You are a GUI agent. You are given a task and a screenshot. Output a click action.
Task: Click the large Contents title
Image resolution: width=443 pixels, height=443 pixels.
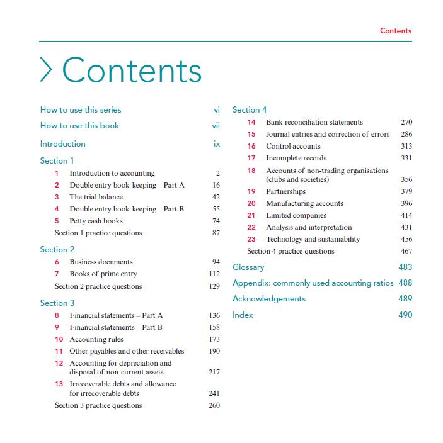(x=132, y=70)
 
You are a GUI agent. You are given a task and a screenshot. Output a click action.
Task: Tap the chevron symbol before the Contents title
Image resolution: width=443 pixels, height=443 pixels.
(x=46, y=70)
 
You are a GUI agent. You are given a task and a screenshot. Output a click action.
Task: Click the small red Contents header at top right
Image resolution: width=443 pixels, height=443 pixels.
(x=395, y=31)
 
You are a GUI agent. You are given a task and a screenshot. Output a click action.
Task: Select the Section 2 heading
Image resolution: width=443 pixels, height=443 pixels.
(x=57, y=249)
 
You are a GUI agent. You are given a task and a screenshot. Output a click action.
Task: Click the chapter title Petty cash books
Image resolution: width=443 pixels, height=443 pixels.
(x=96, y=221)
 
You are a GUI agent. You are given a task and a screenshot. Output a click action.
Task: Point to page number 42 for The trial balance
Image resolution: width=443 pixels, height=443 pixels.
(x=216, y=197)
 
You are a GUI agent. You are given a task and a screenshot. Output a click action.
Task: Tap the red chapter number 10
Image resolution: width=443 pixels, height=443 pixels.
(x=59, y=339)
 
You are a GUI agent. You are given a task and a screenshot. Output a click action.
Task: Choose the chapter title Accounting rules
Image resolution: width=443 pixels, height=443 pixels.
(x=96, y=339)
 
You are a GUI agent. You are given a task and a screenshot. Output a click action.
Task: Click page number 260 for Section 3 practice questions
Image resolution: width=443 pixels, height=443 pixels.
(x=214, y=405)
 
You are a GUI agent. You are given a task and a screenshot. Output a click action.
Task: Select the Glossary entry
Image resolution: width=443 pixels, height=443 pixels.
(x=248, y=267)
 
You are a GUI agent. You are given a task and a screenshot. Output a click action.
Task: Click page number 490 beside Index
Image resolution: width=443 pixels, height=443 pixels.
(x=405, y=315)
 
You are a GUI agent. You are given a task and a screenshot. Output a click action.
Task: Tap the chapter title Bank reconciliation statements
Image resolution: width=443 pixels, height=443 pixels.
(x=314, y=122)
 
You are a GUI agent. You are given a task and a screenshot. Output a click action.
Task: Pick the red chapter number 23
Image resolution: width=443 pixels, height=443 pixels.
(x=251, y=239)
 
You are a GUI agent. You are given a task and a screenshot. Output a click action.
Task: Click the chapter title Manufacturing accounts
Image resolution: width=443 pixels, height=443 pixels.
(x=304, y=203)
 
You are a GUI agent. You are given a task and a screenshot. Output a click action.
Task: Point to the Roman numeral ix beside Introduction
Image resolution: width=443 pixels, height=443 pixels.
(x=217, y=143)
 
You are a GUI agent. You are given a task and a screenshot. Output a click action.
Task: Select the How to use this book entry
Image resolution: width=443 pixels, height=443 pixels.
(x=79, y=125)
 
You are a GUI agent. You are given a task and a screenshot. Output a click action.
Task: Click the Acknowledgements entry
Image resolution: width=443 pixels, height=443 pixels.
(x=269, y=298)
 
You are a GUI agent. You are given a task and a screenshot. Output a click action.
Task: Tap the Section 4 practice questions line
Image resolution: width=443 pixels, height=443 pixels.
(x=291, y=251)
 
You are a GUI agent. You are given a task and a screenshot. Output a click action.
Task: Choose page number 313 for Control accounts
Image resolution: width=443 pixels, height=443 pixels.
(x=406, y=146)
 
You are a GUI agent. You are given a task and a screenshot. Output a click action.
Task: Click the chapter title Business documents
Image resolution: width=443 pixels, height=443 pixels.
(x=101, y=262)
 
